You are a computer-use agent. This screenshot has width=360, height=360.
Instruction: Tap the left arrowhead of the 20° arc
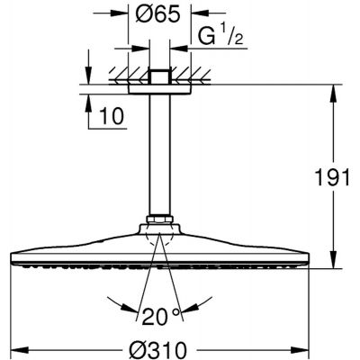[138, 302]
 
